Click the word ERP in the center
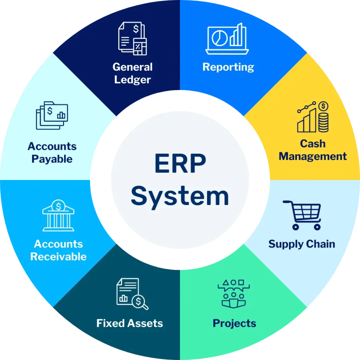[x=180, y=163]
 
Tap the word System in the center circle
[x=180, y=197]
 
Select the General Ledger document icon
[x=133, y=38]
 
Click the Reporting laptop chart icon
[x=227, y=39]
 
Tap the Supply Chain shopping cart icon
[x=302, y=215]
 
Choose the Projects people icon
[x=234, y=294]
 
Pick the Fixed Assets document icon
[x=133, y=294]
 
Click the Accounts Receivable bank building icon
[x=58, y=215]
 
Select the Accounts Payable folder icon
[x=52, y=115]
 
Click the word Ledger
[x=133, y=80]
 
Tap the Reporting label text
[x=228, y=67]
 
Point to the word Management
[x=313, y=156]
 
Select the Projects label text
[x=234, y=324]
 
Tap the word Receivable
[x=58, y=257]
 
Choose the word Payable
[x=52, y=159]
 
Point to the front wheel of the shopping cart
[x=317, y=227]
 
